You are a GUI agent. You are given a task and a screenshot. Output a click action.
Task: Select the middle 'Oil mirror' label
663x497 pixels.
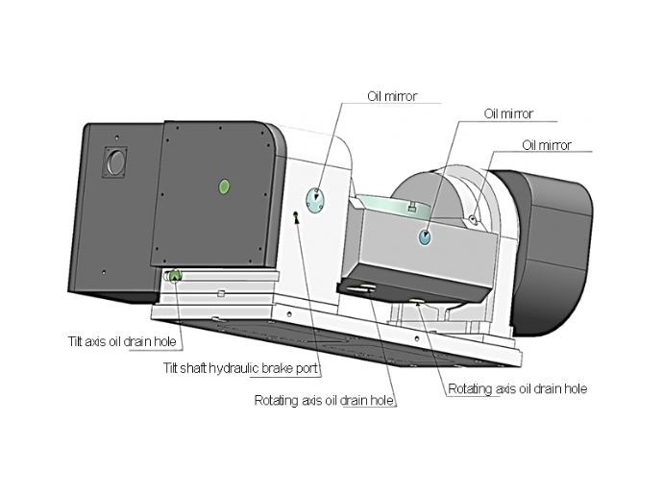coord(508,113)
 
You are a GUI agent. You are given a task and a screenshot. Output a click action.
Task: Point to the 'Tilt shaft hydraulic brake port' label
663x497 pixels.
coord(241,367)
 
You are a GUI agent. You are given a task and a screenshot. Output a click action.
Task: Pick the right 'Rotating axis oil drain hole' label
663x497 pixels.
coord(517,389)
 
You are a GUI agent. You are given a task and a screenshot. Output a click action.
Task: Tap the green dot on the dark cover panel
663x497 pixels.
coord(224,185)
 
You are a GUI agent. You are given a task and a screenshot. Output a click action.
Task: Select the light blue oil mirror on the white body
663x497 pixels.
coord(316,199)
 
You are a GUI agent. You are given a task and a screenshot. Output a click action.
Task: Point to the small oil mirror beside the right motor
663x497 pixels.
coord(475,221)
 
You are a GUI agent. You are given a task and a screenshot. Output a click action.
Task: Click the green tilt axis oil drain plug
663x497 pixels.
coord(175,277)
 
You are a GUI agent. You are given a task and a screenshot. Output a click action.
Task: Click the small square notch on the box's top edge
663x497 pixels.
coord(410,206)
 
